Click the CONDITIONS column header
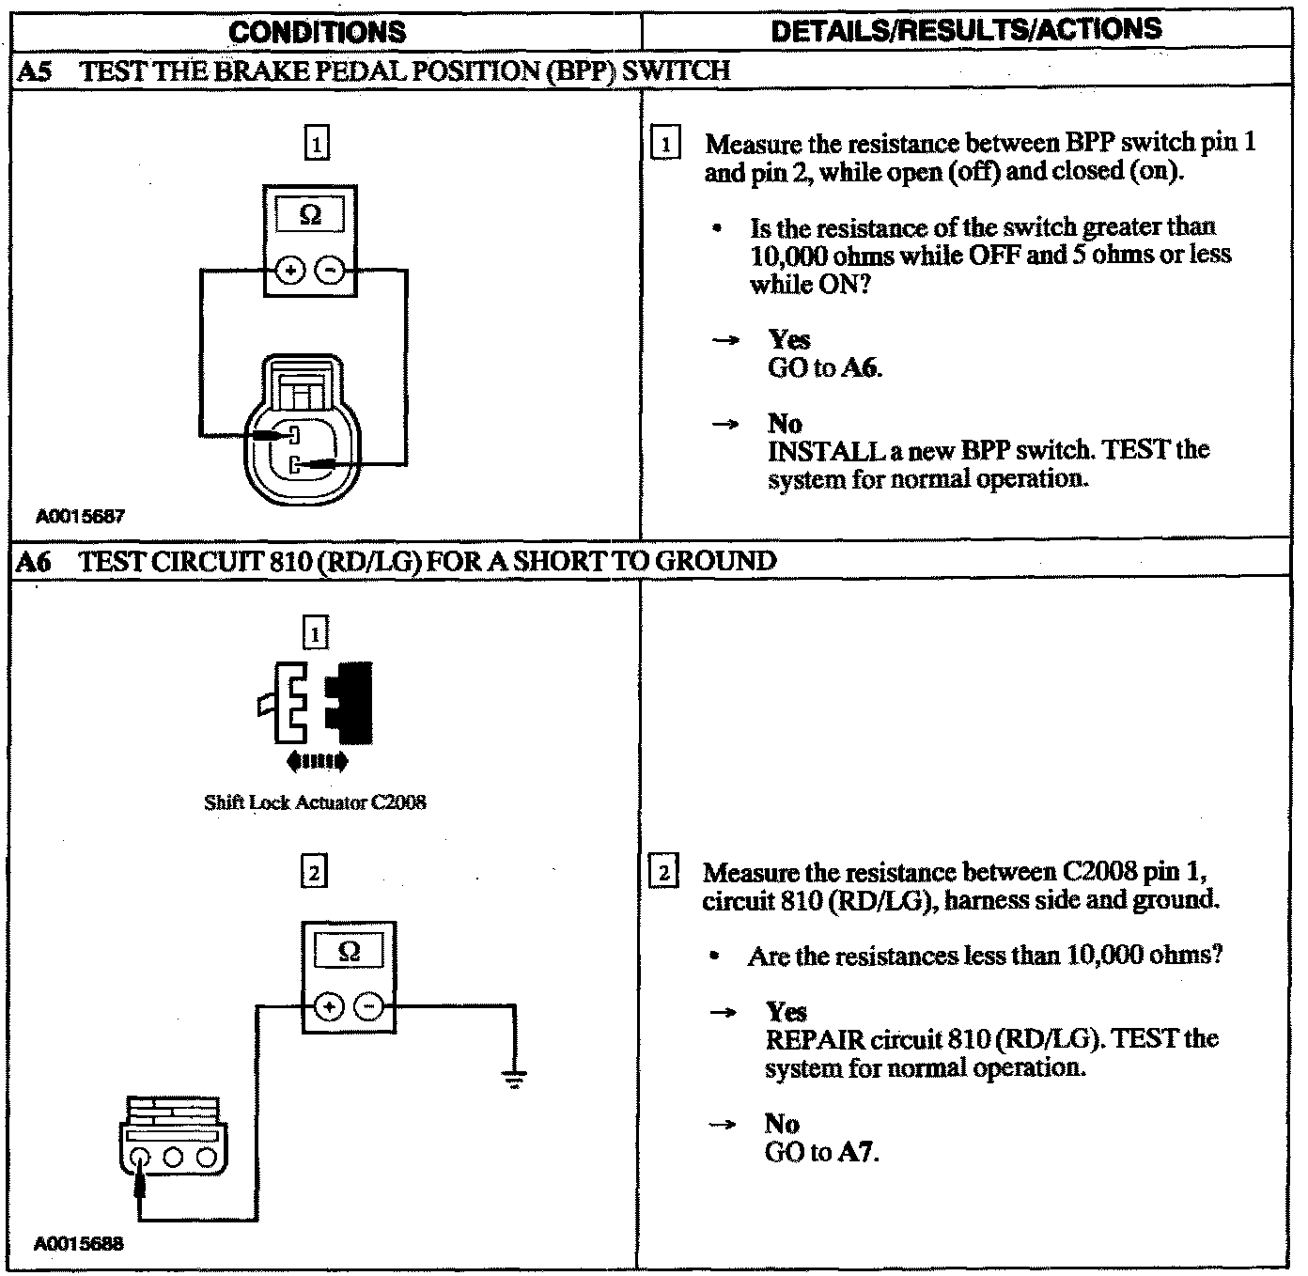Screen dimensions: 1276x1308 [x=318, y=31]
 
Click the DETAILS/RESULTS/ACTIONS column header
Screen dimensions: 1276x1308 [x=966, y=29]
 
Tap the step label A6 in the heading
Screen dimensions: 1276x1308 [x=35, y=562]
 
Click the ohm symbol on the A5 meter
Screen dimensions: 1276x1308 [x=310, y=215]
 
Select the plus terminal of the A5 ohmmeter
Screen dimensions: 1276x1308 [x=291, y=272]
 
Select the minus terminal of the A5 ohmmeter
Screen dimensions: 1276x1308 [x=330, y=272]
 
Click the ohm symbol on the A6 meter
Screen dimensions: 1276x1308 [x=349, y=951]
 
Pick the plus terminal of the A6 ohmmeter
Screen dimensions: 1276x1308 [x=329, y=1007]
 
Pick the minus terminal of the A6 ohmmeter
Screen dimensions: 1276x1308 [x=368, y=1007]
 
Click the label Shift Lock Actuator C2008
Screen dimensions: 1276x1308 [x=315, y=802]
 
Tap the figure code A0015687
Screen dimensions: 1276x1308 [x=80, y=517]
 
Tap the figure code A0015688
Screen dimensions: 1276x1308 [x=79, y=1244]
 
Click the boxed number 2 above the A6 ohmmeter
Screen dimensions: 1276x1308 [x=314, y=873]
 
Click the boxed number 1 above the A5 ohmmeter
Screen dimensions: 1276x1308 [x=317, y=145]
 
